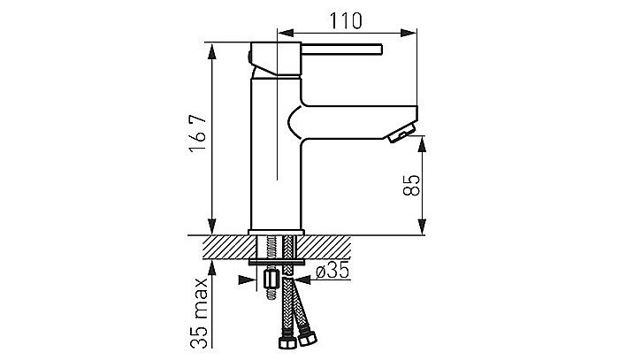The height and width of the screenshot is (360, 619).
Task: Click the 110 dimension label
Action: [x=346, y=21]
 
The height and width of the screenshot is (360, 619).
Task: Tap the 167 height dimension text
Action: [x=198, y=133]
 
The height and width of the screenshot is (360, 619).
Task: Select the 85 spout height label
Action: [x=411, y=185]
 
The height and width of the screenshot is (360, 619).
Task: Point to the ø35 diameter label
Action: [x=332, y=271]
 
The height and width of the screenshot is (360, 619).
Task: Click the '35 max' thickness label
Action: [x=199, y=312]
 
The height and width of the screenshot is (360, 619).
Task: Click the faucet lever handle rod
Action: [x=342, y=49]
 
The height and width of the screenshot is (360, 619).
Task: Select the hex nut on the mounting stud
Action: [x=271, y=280]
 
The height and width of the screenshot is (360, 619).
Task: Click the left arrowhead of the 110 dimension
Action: [x=286, y=33]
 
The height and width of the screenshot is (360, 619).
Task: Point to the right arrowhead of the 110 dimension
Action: [x=409, y=33]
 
